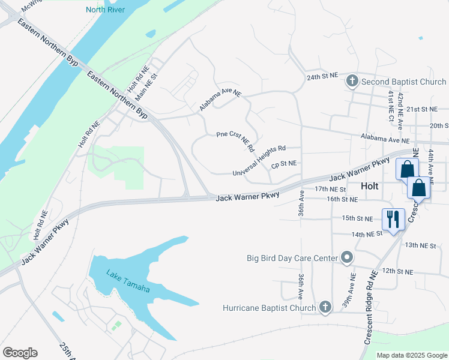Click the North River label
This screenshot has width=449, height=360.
(x=106, y=9)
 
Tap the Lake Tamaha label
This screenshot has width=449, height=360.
(x=128, y=281)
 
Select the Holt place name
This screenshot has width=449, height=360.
(x=370, y=186)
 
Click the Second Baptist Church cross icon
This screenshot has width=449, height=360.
(x=352, y=82)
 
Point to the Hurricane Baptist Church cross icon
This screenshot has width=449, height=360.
(x=325, y=308)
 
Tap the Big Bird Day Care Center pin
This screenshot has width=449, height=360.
(x=347, y=258)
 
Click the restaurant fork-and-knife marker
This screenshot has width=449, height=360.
(x=393, y=219)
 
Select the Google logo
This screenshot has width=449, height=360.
(x=20, y=353)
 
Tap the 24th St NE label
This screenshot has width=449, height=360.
(x=323, y=77)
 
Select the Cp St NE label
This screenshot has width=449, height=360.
(x=284, y=163)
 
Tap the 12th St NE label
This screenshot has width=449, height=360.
(x=397, y=271)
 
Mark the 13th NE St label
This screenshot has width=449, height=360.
(x=420, y=245)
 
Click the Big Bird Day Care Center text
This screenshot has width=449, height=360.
(x=293, y=259)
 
